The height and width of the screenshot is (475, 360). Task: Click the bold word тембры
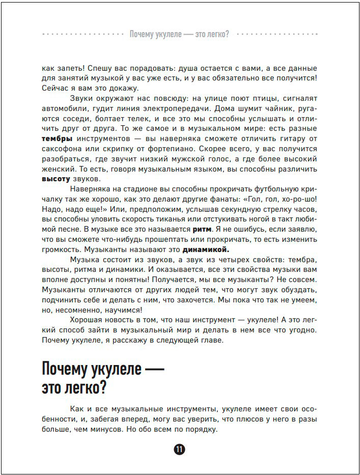point(57,139)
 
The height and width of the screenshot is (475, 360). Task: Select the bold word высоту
point(56,179)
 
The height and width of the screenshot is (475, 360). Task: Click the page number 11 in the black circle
point(179,450)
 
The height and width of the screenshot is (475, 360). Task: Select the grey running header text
point(179,34)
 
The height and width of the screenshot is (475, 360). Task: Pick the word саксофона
point(64,149)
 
